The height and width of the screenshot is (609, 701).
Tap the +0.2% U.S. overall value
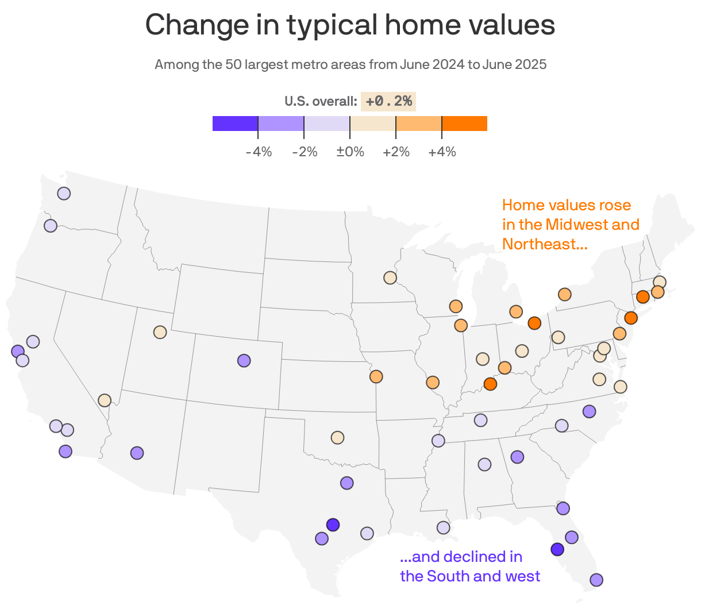(388, 101)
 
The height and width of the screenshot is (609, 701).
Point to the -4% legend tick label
(259, 152)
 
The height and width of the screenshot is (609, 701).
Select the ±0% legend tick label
(350, 152)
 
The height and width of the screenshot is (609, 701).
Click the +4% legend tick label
(442, 152)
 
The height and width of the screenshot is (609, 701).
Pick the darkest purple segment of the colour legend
(235, 124)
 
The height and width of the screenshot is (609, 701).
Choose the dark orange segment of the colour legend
(464, 124)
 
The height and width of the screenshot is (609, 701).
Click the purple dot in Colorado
(244, 361)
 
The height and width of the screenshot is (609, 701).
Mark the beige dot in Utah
(160, 332)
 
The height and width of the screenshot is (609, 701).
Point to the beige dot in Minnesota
(390, 277)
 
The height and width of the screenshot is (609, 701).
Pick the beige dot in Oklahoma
(337, 437)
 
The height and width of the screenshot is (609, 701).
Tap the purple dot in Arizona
(137, 453)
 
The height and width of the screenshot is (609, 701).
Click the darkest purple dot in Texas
(333, 525)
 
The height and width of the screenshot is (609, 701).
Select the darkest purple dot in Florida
(557, 550)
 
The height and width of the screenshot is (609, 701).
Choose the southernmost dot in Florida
(596, 580)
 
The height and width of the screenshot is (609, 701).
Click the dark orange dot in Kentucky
(490, 384)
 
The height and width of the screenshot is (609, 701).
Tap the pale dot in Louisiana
(443, 527)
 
